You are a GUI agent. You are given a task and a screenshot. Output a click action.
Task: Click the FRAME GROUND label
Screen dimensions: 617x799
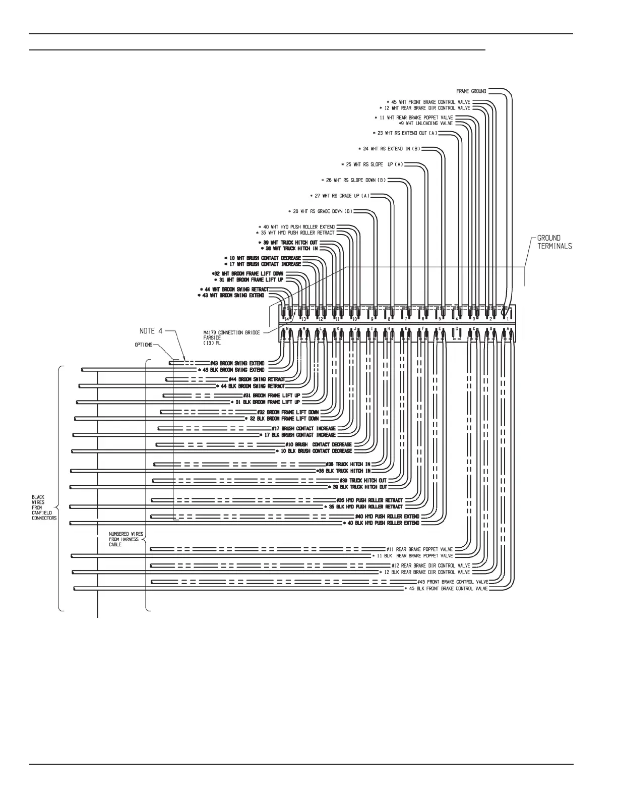point(471,91)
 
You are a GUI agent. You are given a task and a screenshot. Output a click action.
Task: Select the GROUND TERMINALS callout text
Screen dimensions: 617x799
point(554,242)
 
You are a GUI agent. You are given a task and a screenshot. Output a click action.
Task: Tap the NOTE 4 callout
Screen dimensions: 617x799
point(151,331)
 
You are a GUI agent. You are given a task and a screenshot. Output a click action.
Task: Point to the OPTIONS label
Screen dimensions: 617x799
point(143,345)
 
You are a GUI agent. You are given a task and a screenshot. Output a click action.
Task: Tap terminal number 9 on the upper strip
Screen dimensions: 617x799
point(372,319)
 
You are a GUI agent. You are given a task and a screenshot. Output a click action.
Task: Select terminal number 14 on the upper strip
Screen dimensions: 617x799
point(287,319)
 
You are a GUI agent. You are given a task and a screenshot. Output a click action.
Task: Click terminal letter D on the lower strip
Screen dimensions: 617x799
point(457,329)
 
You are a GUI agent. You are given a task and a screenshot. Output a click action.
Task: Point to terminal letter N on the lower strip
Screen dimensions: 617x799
point(287,329)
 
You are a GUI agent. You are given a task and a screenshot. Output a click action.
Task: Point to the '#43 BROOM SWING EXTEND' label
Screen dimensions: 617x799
point(237,363)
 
